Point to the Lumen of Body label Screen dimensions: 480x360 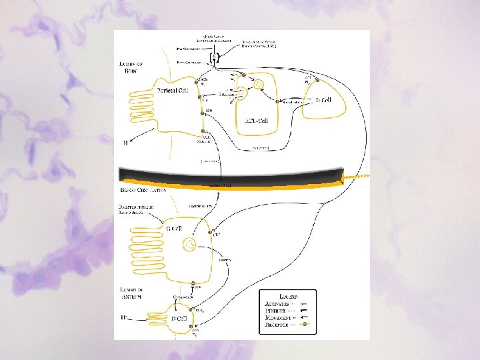tap(129, 66)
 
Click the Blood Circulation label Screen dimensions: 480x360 tap(142, 189)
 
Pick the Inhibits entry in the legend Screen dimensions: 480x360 tap(277, 311)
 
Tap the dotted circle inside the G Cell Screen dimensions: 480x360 tap(189, 245)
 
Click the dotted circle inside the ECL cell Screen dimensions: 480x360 tap(256, 85)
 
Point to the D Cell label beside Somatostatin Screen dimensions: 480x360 tap(323, 100)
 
